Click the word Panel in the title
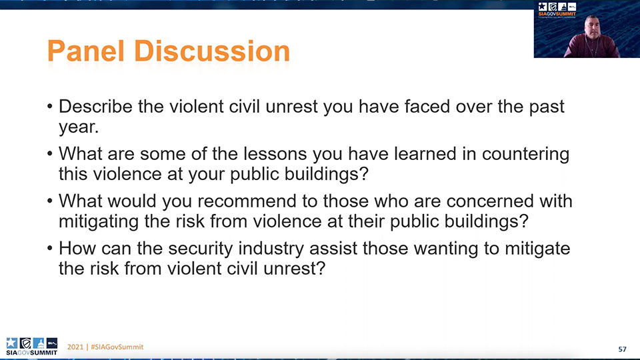click(x=86, y=51)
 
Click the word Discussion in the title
click(x=212, y=51)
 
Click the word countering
click(x=526, y=155)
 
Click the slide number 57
click(x=622, y=349)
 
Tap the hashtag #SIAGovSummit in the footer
click(x=117, y=347)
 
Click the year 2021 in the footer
click(x=75, y=347)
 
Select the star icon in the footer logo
click(x=11, y=343)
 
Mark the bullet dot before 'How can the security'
click(x=50, y=248)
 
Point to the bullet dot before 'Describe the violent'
click(x=50, y=107)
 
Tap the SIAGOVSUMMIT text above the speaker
click(x=557, y=14)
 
